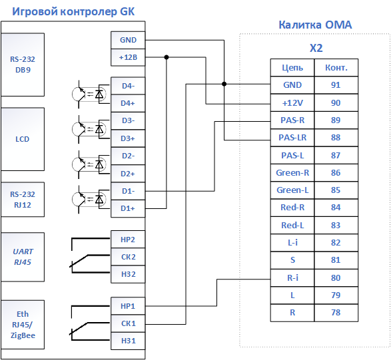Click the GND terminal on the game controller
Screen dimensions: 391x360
(x=128, y=40)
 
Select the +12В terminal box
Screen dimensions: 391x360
(x=128, y=57)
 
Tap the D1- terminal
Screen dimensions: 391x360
(x=128, y=191)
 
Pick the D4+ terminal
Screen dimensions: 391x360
(x=128, y=103)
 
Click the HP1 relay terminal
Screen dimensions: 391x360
(x=128, y=306)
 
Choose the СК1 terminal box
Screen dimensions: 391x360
(x=128, y=323)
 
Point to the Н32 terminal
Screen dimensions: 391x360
(x=128, y=274)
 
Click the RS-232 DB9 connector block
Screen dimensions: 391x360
(x=23, y=65)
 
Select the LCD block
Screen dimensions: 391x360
(x=23, y=139)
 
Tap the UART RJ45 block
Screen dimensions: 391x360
(x=23, y=257)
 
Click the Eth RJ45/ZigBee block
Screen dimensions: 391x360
(x=23, y=325)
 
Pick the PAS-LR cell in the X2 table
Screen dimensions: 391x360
(x=292, y=138)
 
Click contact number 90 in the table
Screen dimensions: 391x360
(x=336, y=102)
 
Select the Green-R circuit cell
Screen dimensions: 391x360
(x=292, y=172)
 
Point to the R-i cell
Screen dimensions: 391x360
(x=292, y=277)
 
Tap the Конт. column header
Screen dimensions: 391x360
(x=336, y=67)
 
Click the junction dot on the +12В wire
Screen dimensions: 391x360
(x=167, y=57)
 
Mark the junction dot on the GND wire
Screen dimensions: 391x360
(x=224, y=84)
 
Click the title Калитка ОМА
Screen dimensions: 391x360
(x=315, y=25)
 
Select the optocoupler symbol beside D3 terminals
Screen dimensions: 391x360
(x=90, y=129)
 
